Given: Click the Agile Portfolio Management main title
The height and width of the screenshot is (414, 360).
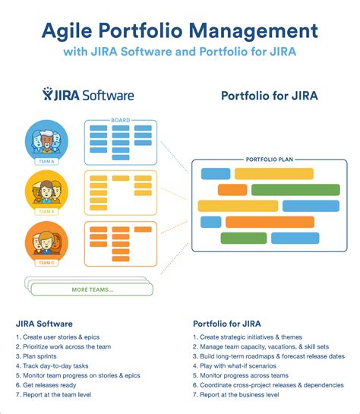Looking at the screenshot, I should click(180, 31).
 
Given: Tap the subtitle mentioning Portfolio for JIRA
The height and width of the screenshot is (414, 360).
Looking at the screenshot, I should click(180, 52).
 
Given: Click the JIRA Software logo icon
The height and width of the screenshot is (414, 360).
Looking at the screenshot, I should click(49, 96).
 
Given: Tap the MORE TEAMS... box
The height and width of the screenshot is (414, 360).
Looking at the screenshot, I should click(93, 289).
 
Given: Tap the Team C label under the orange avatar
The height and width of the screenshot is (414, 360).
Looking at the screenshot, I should click(46, 263).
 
